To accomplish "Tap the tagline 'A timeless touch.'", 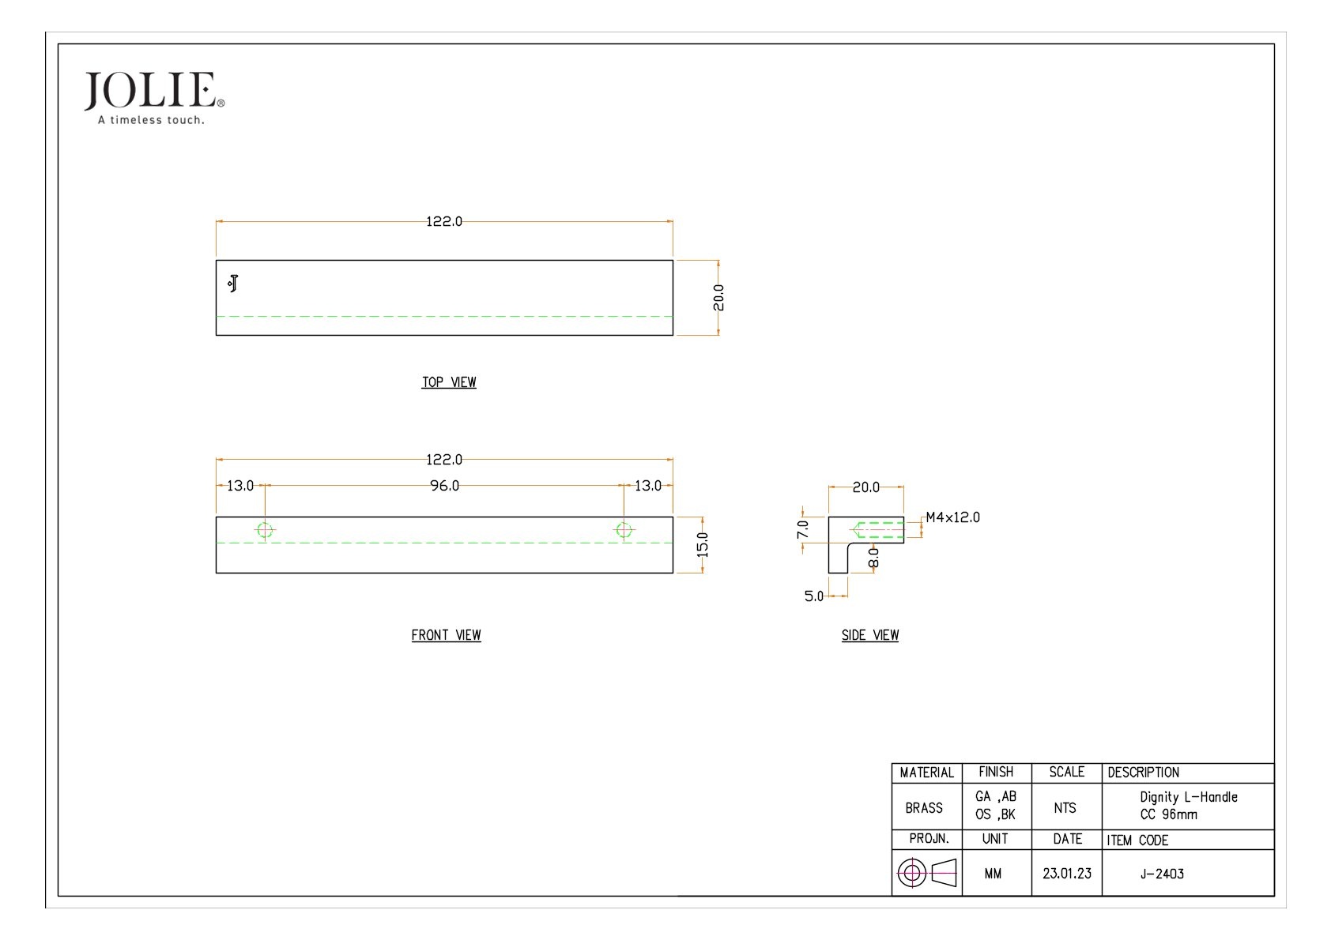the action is pos(151,120).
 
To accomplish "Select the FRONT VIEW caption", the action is pos(446,635).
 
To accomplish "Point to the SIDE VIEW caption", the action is pos(870,635).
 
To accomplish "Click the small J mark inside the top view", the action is pos(233,284).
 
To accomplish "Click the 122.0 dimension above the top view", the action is pos(444,221).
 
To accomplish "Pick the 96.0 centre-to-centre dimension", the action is pos(444,486).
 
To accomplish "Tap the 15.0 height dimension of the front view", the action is pos(703,544).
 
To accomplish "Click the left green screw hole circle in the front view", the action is pos(265,530).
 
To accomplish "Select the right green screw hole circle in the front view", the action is pos(624,530).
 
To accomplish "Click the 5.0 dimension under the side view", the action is pos(814,596).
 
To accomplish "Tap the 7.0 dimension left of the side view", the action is pos(802,530).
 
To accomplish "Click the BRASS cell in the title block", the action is pos(924,808).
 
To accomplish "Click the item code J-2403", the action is pos(1162,874).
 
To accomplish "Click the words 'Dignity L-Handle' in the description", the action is pos(1189,797).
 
